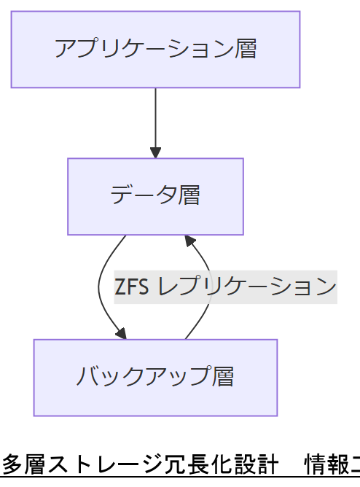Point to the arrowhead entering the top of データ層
tap(155, 152)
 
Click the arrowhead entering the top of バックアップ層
tap(120, 333)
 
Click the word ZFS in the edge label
tap(132, 287)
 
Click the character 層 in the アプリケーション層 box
tap(246, 50)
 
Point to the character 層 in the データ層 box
tap(189, 195)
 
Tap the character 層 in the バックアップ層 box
tap(223, 377)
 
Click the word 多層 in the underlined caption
tap(23, 464)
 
